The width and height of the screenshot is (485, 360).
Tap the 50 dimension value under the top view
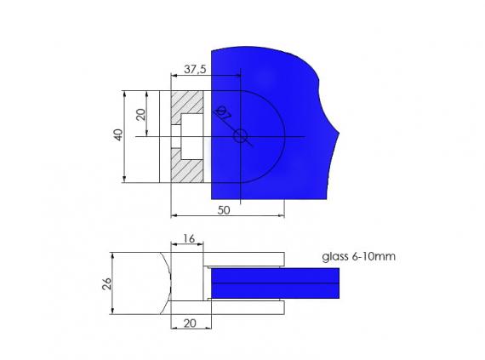point(222,210)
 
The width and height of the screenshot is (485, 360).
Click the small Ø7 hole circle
point(241,136)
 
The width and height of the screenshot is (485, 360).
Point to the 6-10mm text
point(374,255)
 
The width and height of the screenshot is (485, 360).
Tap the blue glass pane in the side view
point(272,283)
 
